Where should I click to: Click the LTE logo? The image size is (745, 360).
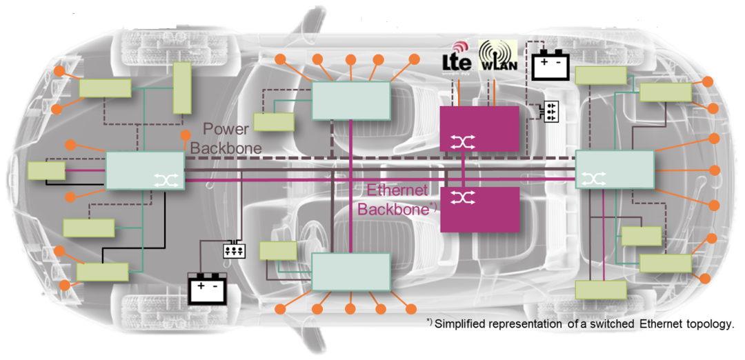(457, 60)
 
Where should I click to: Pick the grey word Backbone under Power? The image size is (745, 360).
(226, 148)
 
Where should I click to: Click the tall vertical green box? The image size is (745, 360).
(181, 88)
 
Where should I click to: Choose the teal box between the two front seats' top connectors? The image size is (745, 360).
(351, 101)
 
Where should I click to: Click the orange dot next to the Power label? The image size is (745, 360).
(184, 134)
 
